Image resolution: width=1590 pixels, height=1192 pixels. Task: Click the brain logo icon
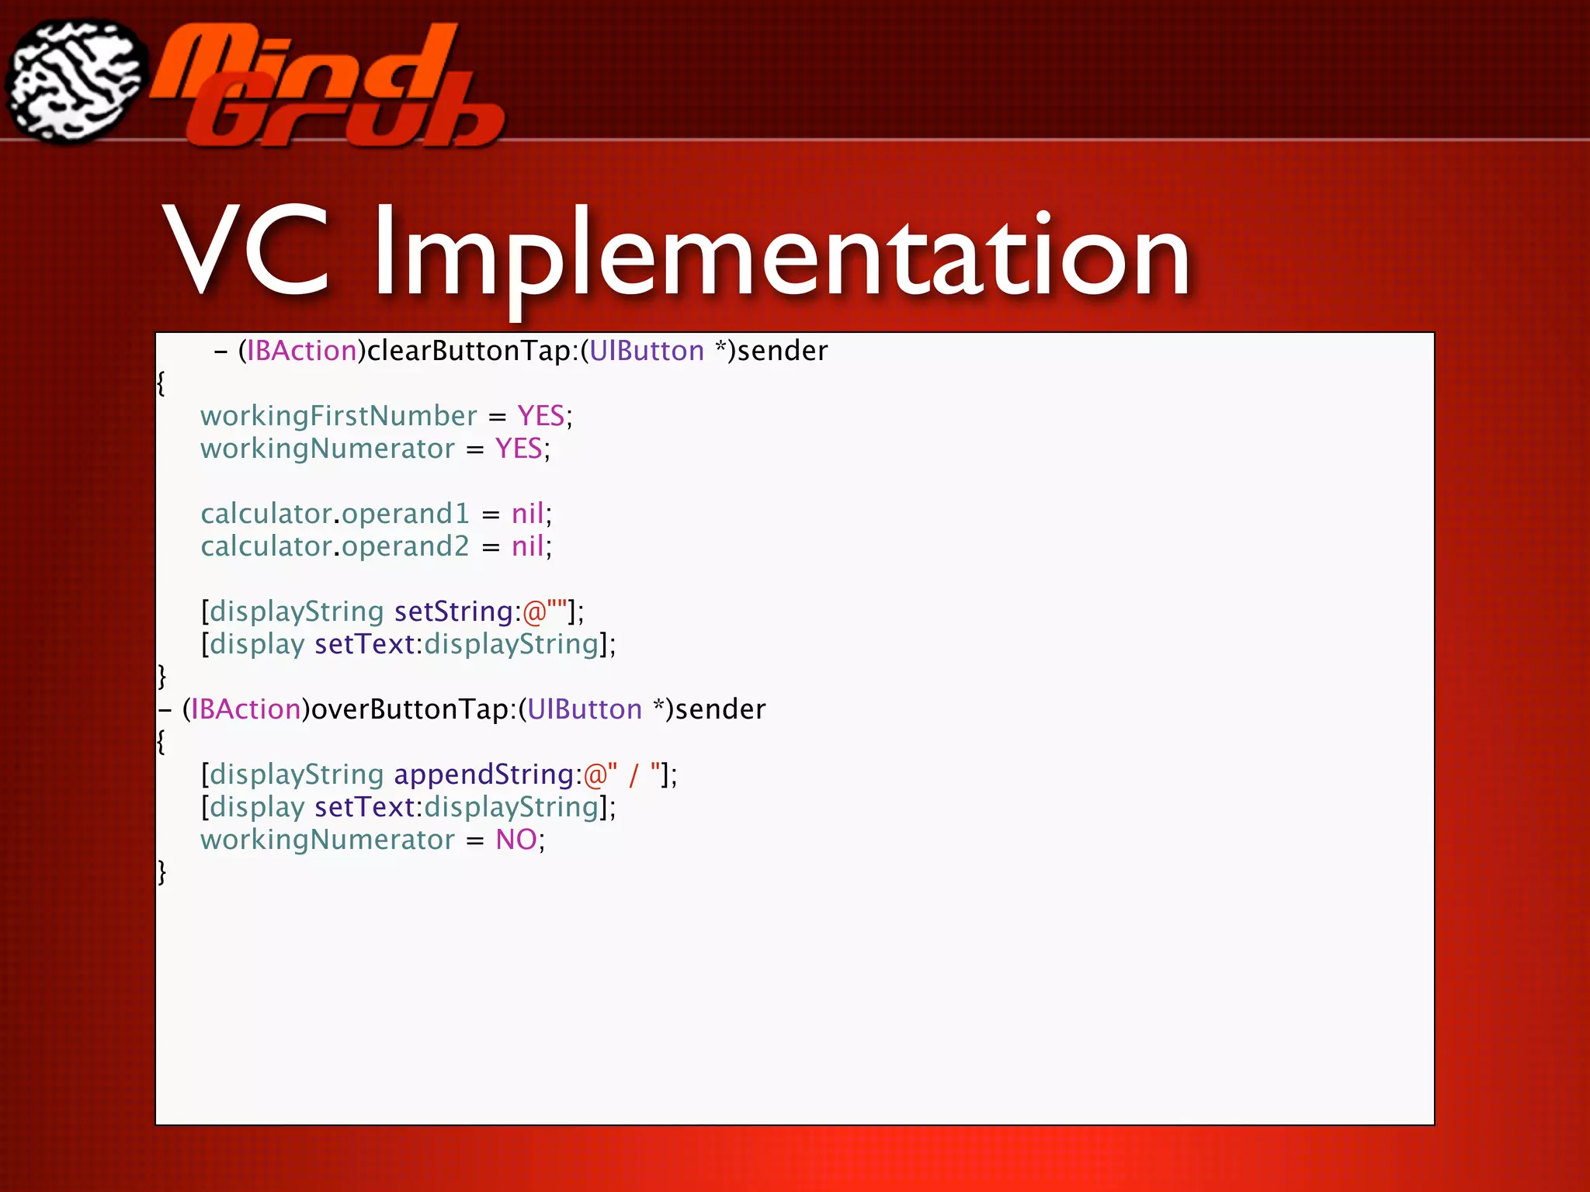click(76, 81)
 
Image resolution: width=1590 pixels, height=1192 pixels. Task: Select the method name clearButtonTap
click(469, 351)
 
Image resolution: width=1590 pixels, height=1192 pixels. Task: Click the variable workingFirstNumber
click(338, 416)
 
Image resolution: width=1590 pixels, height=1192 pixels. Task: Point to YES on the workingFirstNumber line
click(541, 416)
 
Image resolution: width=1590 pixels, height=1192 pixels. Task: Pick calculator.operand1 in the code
click(335, 514)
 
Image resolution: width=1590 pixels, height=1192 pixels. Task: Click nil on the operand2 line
click(528, 546)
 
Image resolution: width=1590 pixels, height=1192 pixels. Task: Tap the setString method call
click(453, 612)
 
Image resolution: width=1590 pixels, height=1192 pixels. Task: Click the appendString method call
click(484, 774)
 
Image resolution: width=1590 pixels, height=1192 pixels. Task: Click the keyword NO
click(516, 840)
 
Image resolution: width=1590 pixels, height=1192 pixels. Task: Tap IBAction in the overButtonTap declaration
click(245, 709)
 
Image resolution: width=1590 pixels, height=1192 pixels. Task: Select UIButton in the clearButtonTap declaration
click(647, 351)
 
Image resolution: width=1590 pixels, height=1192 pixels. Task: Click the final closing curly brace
click(161, 872)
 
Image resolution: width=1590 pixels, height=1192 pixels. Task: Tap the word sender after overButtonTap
click(720, 709)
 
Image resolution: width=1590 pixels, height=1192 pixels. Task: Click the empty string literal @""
click(544, 612)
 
